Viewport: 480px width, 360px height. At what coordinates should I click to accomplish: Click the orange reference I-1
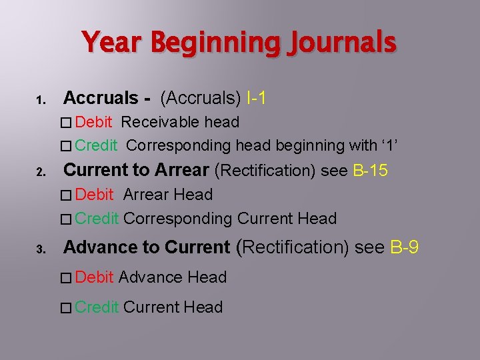click(x=257, y=98)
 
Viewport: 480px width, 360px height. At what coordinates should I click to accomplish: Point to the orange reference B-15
click(x=369, y=170)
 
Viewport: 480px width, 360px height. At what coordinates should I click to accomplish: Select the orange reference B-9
click(x=405, y=247)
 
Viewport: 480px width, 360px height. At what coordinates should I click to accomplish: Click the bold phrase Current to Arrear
click(x=136, y=170)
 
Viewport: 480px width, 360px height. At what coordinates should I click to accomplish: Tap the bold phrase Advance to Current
click(x=147, y=247)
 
